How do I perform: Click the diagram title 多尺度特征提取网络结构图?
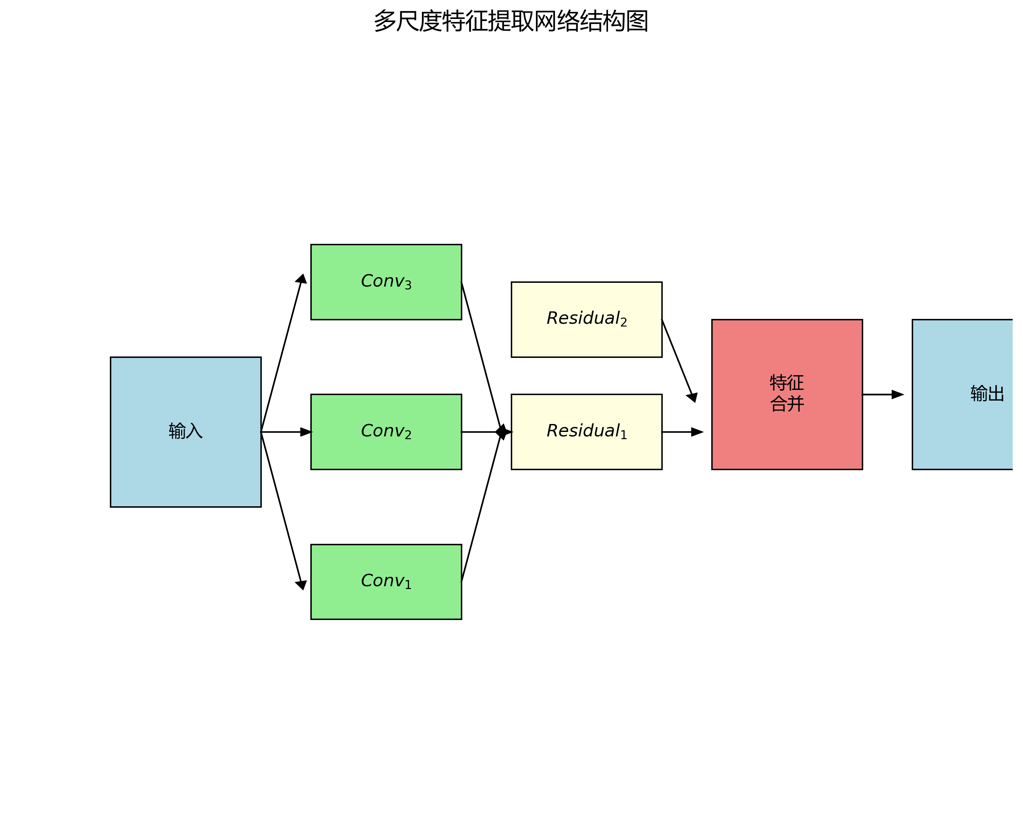(511, 21)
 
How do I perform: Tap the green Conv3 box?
(386, 299)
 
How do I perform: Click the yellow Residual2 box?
(587, 337)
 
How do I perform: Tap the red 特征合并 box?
(787, 427)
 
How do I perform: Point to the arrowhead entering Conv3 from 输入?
(302, 279)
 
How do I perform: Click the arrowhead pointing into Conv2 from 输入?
(306, 432)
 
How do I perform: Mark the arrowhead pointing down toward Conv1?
(301, 585)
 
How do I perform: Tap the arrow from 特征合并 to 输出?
(882, 394)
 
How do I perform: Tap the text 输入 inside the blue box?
(186, 431)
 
